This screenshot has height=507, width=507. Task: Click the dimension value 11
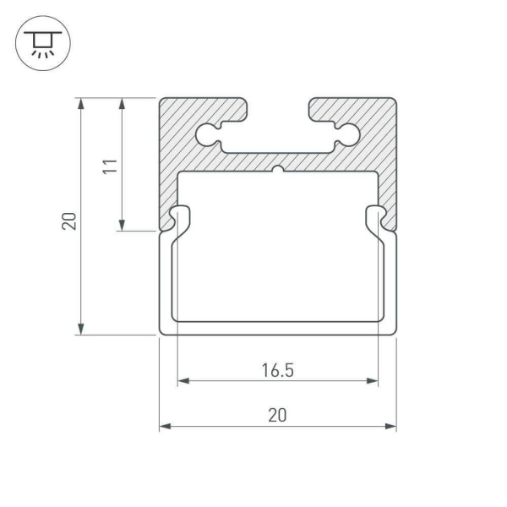click(x=108, y=164)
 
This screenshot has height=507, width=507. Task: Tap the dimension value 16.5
click(x=277, y=369)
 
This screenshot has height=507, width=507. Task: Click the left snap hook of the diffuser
click(x=178, y=219)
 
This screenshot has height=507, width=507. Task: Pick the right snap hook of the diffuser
click(x=377, y=219)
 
